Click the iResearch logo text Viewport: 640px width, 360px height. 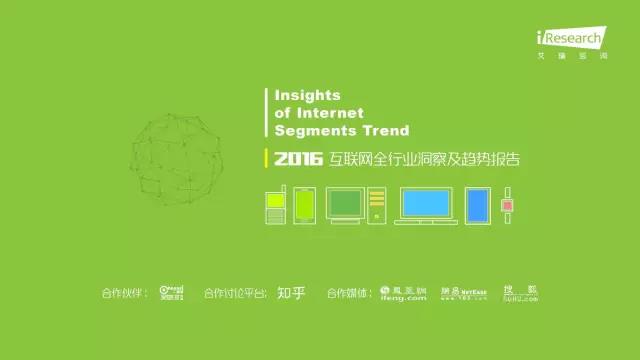pos(572,37)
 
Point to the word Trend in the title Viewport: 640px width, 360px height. pos(385,129)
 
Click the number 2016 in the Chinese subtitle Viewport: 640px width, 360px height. pos(295,159)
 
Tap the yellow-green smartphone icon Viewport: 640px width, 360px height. pos(305,204)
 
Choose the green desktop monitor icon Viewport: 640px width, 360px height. pos(344,204)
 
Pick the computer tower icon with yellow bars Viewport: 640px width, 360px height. pos(376,205)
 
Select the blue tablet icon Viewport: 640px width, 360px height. pos(480,204)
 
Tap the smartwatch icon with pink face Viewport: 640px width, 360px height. pos(507,204)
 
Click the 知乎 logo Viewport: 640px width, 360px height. pos(290,293)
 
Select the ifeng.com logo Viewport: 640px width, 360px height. pos(404,293)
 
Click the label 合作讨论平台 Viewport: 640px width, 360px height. pos(235,293)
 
